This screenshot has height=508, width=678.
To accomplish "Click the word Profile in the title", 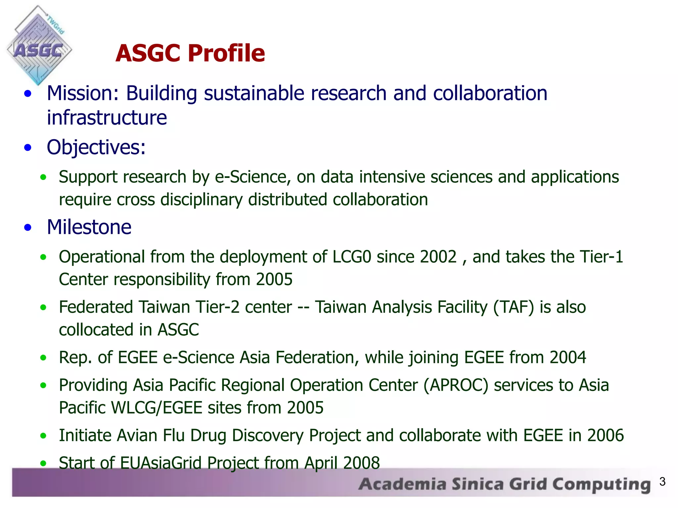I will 227,54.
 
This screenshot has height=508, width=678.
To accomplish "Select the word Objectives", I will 96,148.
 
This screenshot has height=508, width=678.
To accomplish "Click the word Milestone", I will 89,227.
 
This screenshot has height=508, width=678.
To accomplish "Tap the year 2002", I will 438,257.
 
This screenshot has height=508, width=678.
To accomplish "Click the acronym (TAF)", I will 513,307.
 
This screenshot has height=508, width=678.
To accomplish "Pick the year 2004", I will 567,358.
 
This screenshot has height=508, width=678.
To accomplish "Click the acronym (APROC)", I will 456,385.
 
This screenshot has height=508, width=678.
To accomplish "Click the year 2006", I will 605,436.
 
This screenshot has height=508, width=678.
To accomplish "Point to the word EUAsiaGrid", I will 161,463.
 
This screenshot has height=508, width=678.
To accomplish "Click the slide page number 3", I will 662,482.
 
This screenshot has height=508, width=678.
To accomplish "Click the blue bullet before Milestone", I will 28,228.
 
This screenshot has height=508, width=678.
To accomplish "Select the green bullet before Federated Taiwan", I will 43,308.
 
